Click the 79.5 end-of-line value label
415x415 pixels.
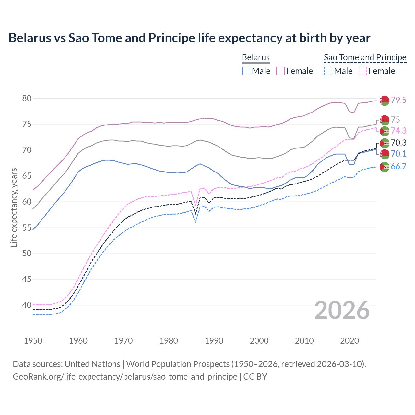point(398,100)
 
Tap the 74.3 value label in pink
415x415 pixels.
point(398,131)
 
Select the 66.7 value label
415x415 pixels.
point(398,167)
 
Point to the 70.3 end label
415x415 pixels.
point(398,143)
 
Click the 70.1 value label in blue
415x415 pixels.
point(398,154)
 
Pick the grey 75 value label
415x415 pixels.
point(395,120)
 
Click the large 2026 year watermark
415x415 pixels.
point(342,310)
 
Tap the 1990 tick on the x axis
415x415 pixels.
point(214,341)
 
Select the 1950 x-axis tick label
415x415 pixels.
point(33,341)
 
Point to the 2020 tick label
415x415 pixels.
point(350,341)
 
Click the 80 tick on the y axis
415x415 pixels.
point(27,98)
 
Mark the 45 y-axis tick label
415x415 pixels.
point(27,279)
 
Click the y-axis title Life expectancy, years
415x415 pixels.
point(14,207)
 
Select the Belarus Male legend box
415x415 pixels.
point(246,71)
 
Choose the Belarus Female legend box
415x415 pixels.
point(280,71)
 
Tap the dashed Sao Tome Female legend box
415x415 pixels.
point(363,71)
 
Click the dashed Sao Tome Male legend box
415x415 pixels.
point(328,71)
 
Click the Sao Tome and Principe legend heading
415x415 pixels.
point(365,57)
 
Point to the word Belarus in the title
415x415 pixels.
point(30,38)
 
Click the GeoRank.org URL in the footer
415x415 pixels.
point(125,377)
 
